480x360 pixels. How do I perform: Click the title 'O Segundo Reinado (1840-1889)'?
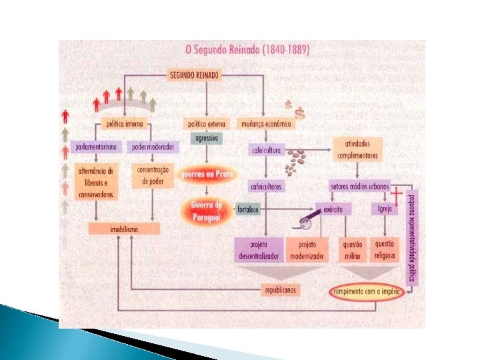pyautogui.click(x=247, y=49)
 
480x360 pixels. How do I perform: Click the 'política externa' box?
pyautogui.click(x=207, y=124)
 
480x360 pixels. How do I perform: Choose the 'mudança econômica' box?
pyautogui.click(x=265, y=124)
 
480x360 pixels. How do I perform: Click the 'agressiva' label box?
pyautogui.click(x=207, y=139)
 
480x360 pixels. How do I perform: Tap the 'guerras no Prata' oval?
pyautogui.click(x=207, y=174)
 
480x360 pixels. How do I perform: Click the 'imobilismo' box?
pyautogui.click(x=124, y=229)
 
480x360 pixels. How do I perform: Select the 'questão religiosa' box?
pyautogui.click(x=385, y=249)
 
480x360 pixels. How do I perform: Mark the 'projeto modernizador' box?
pyautogui.click(x=311, y=249)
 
